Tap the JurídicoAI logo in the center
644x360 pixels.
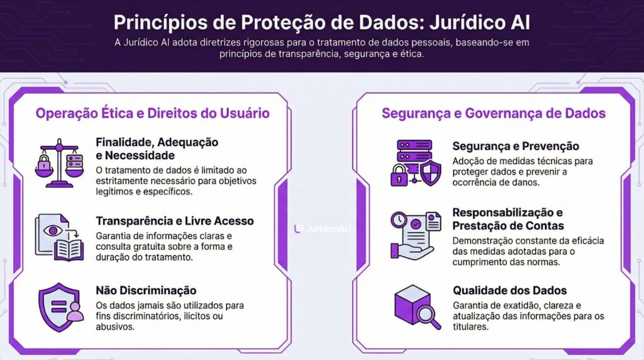[x=321, y=228]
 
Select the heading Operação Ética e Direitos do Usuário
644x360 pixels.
[x=153, y=113]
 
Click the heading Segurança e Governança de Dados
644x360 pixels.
[x=494, y=113]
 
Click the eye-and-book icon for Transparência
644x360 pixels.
[x=59, y=237]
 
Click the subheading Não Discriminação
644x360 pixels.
[x=146, y=290]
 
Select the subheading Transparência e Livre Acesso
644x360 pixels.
[x=175, y=221]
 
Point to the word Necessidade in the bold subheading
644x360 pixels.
[x=138, y=155]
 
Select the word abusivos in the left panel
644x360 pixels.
[x=116, y=327]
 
